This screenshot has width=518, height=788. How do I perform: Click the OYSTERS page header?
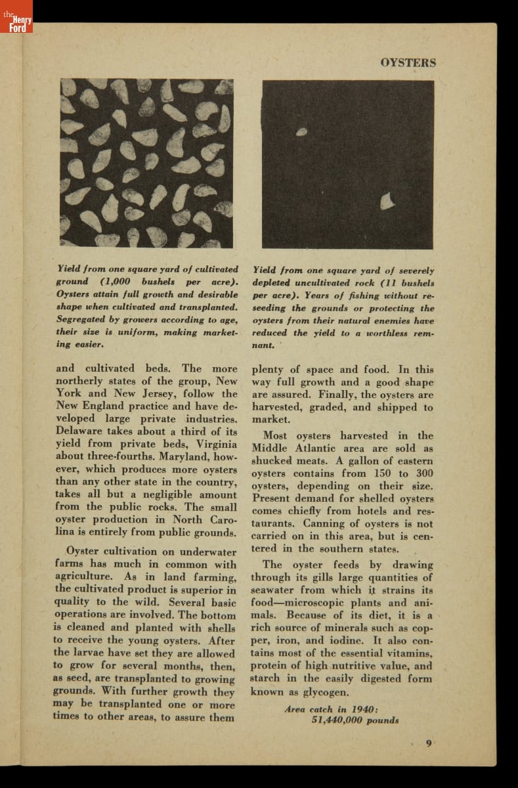[408, 63]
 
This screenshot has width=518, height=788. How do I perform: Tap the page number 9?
[428, 743]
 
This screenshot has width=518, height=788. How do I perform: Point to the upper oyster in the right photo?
[301, 132]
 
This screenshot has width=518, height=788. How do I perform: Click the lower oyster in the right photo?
[388, 200]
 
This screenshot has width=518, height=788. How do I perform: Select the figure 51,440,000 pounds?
[355, 720]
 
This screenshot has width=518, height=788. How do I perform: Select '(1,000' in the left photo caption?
[116, 282]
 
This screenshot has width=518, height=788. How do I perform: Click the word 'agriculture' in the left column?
[87, 577]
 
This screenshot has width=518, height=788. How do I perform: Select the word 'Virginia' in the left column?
[211, 444]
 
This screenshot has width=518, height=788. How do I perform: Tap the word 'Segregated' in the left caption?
[87, 319]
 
